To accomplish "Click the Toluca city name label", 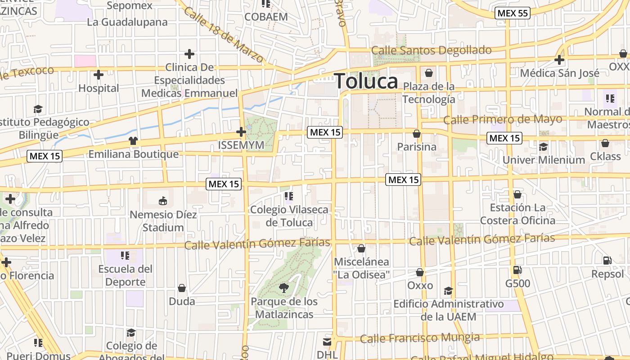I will pos(367,81).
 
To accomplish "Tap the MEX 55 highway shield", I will pos(513,13).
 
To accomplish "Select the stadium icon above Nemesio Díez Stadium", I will pos(163,201).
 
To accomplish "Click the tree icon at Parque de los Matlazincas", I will pos(284,288).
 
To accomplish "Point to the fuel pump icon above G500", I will pos(517,270).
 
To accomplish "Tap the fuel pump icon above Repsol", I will pos(607,260).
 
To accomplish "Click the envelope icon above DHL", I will pos(327,342).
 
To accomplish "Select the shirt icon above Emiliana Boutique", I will pos(133,140).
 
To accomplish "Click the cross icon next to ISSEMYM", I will pos(241,132).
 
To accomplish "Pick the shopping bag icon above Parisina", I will pos(417,133).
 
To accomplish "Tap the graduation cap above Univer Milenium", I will pos(544,146).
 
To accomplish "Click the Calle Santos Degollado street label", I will pos(431,50).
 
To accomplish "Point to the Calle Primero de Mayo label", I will pos(503,119).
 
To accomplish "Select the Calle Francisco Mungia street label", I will pos(420,337).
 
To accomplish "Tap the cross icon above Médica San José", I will pos(559,59).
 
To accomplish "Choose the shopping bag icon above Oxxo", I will pos(420,272).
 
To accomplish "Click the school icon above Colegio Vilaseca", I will pos(289,196).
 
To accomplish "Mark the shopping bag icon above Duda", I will pos(182,288).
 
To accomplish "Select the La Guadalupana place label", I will pos(127,22).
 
